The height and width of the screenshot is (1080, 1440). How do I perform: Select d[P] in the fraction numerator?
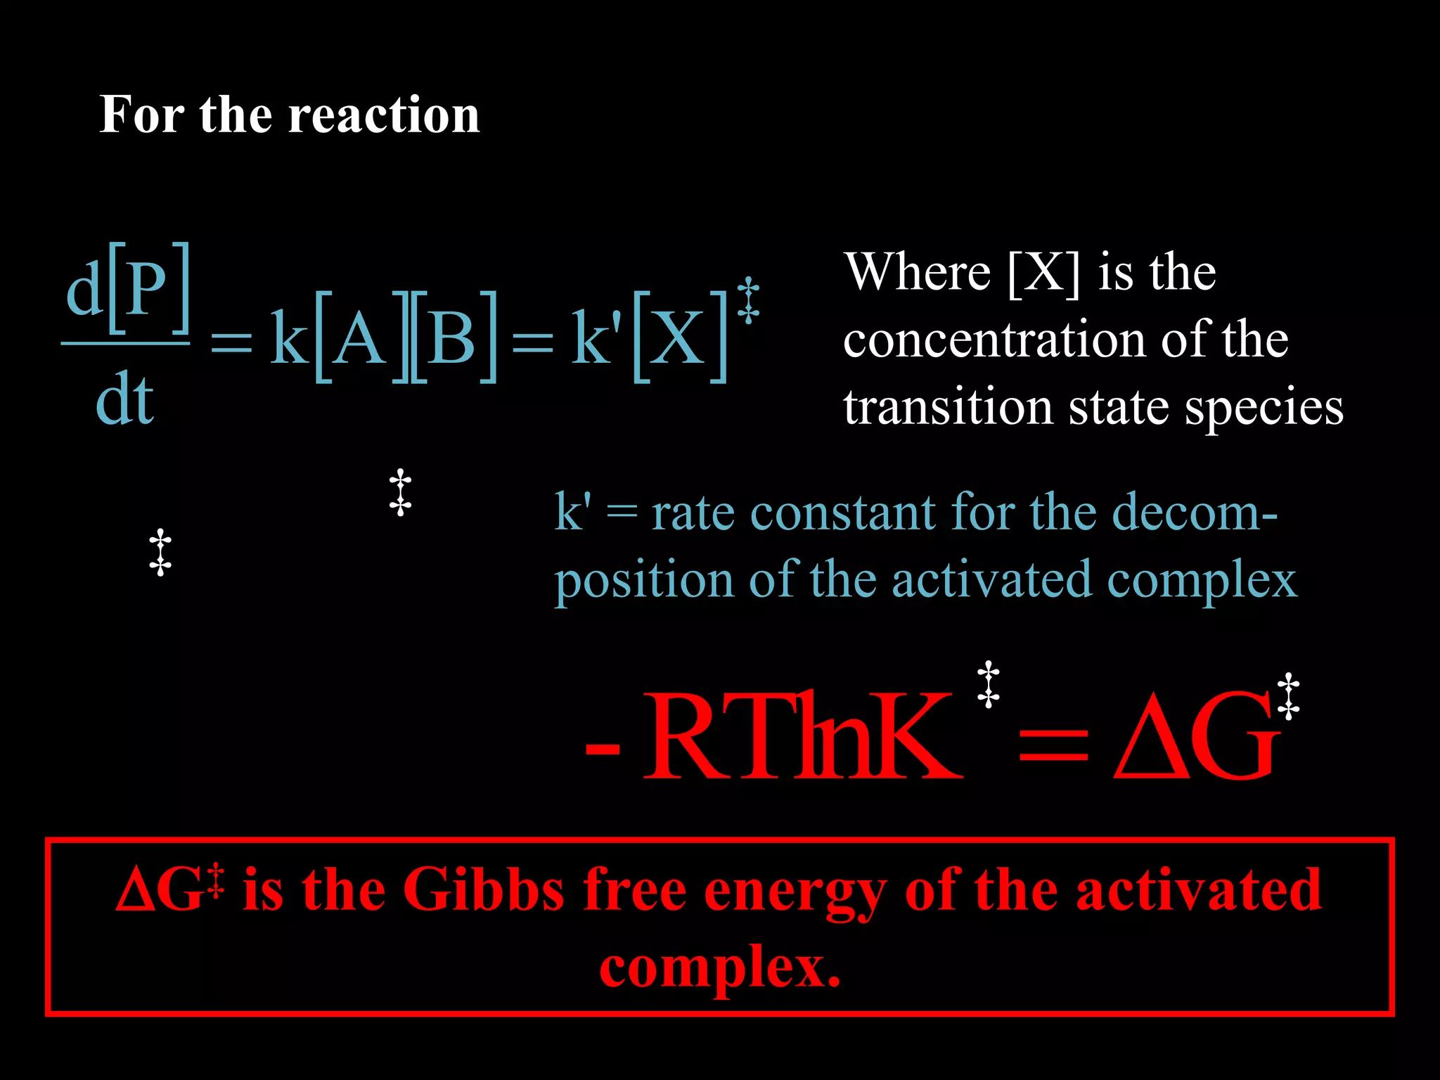pyautogui.click(x=127, y=288)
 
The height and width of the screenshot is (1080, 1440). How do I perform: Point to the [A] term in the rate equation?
pyautogui.click(x=359, y=337)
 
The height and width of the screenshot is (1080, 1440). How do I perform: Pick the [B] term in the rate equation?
pyautogui.click(x=454, y=337)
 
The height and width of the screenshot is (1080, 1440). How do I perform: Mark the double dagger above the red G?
pyautogui.click(x=1288, y=696)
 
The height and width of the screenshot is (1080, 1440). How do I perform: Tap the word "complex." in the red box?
pyautogui.click(x=720, y=967)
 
